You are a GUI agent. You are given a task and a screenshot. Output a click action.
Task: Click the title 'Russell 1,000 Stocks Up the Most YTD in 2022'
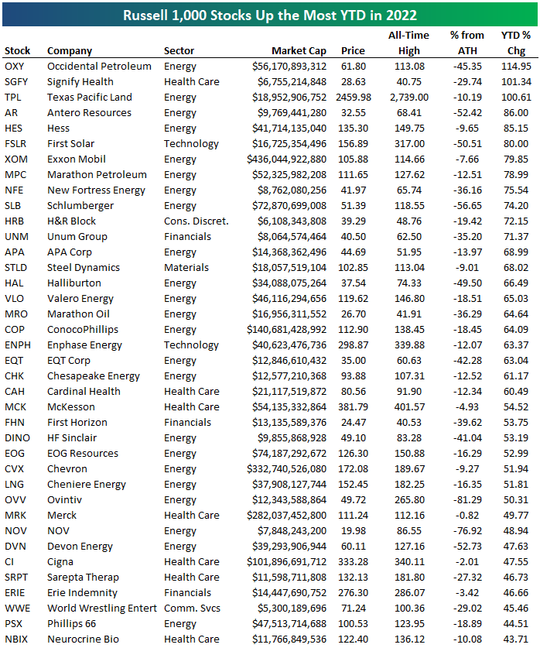(269, 15)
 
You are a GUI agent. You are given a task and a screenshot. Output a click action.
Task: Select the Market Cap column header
(299, 51)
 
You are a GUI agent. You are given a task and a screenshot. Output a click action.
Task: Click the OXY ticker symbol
(14, 67)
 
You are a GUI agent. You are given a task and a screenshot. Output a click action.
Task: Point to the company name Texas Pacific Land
(89, 98)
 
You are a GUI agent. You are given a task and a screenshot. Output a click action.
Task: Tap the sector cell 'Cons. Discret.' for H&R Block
(196, 221)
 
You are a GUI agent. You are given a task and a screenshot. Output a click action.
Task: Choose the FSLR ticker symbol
(15, 144)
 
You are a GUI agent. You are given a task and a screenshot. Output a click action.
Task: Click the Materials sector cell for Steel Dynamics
(186, 268)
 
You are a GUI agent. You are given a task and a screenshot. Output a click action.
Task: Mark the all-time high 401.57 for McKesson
(409, 407)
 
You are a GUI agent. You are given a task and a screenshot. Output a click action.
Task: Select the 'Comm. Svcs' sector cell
(191, 609)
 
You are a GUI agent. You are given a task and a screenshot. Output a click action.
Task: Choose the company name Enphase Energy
(84, 345)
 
